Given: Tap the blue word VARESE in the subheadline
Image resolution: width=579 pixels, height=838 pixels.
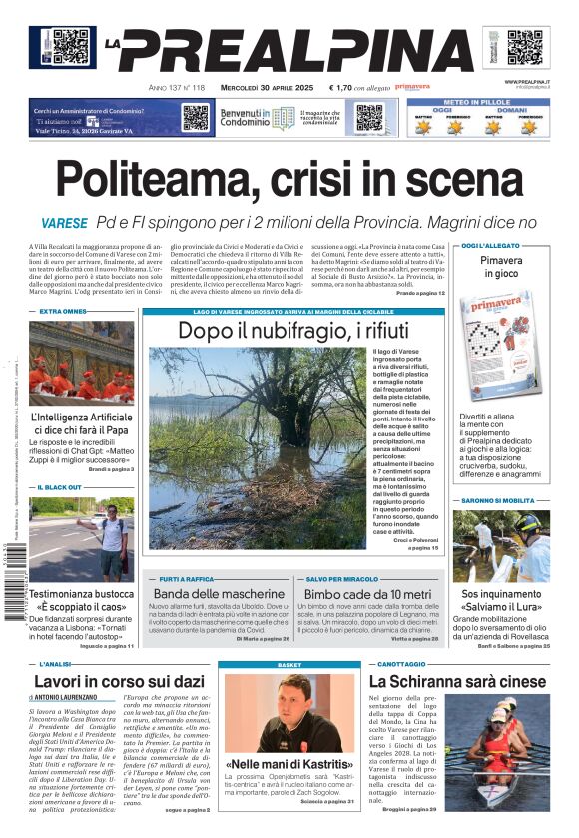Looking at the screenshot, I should pos(64,223).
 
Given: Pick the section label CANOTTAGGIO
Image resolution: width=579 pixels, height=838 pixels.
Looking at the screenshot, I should pos(403,663).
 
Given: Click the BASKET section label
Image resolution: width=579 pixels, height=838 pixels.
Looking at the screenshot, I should pos(289,664).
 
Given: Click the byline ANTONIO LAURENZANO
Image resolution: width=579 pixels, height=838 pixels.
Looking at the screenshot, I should pos(70,697).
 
